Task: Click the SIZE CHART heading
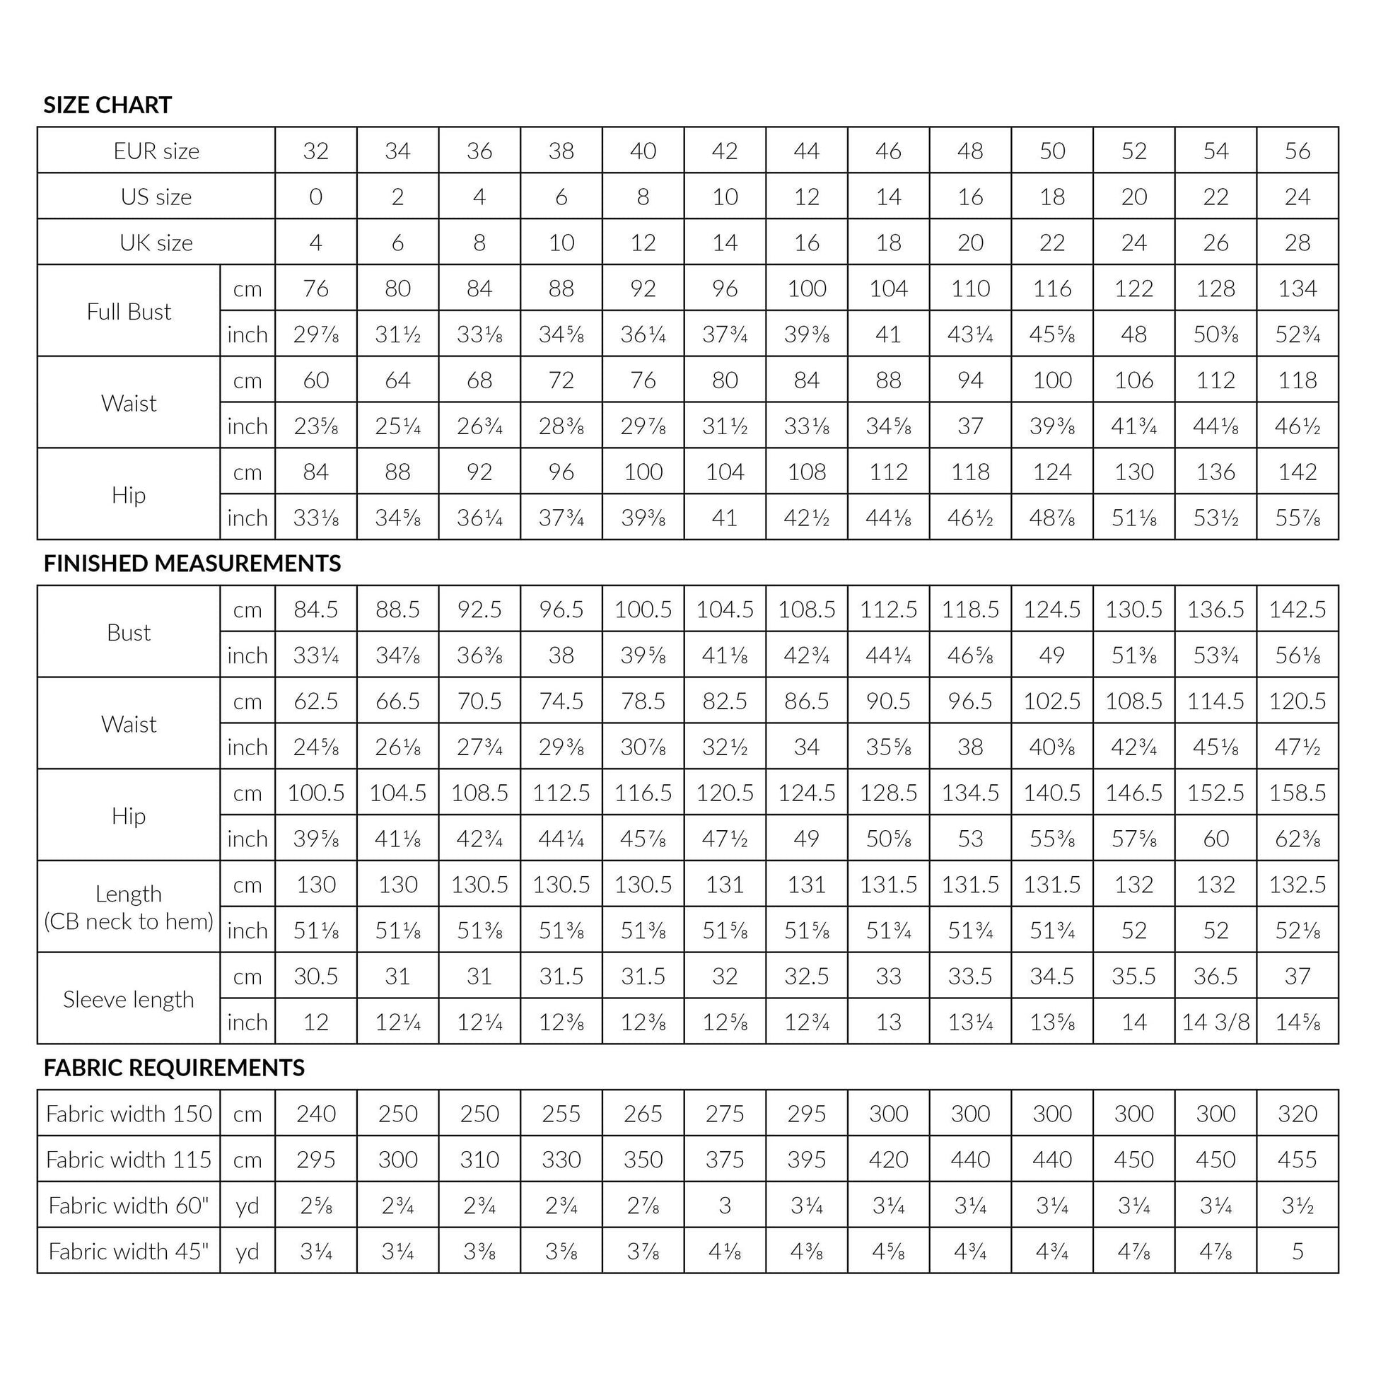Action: [107, 105]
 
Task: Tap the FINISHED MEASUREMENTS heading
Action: [192, 564]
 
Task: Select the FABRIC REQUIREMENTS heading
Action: [174, 1068]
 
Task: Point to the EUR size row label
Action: [156, 151]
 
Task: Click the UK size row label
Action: [156, 243]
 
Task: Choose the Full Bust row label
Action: [129, 311]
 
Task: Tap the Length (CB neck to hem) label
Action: [129, 907]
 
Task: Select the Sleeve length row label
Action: [129, 999]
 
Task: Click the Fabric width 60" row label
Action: [129, 1205]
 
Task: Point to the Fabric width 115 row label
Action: [129, 1160]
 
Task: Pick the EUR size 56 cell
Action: [1298, 151]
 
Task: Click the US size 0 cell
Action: [315, 197]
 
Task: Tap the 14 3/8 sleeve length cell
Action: [1215, 1022]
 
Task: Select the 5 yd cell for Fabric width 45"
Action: [1298, 1252]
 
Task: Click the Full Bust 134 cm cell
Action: [1298, 288]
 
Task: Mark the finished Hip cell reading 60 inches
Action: [1215, 839]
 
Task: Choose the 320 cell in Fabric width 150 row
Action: [1298, 1113]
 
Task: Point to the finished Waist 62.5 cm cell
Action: [315, 701]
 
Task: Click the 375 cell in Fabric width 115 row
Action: [725, 1160]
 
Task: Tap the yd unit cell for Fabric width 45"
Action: [247, 1252]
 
